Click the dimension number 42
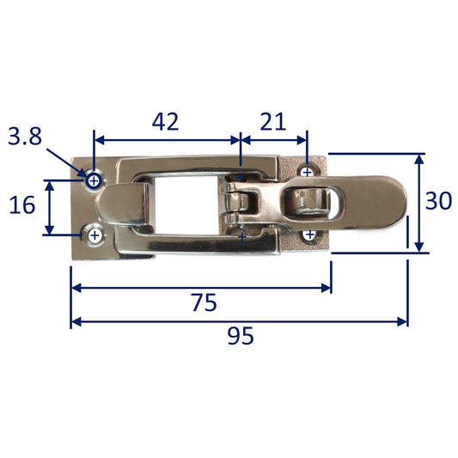[x=165, y=121]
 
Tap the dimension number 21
[x=272, y=121]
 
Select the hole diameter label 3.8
[x=25, y=136]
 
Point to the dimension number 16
[x=22, y=205]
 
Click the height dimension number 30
[x=438, y=201]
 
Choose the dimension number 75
[x=205, y=302]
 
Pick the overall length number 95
[x=241, y=336]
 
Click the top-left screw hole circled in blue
[x=94, y=181]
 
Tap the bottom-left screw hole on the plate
[x=95, y=235]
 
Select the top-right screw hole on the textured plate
[x=307, y=173]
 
